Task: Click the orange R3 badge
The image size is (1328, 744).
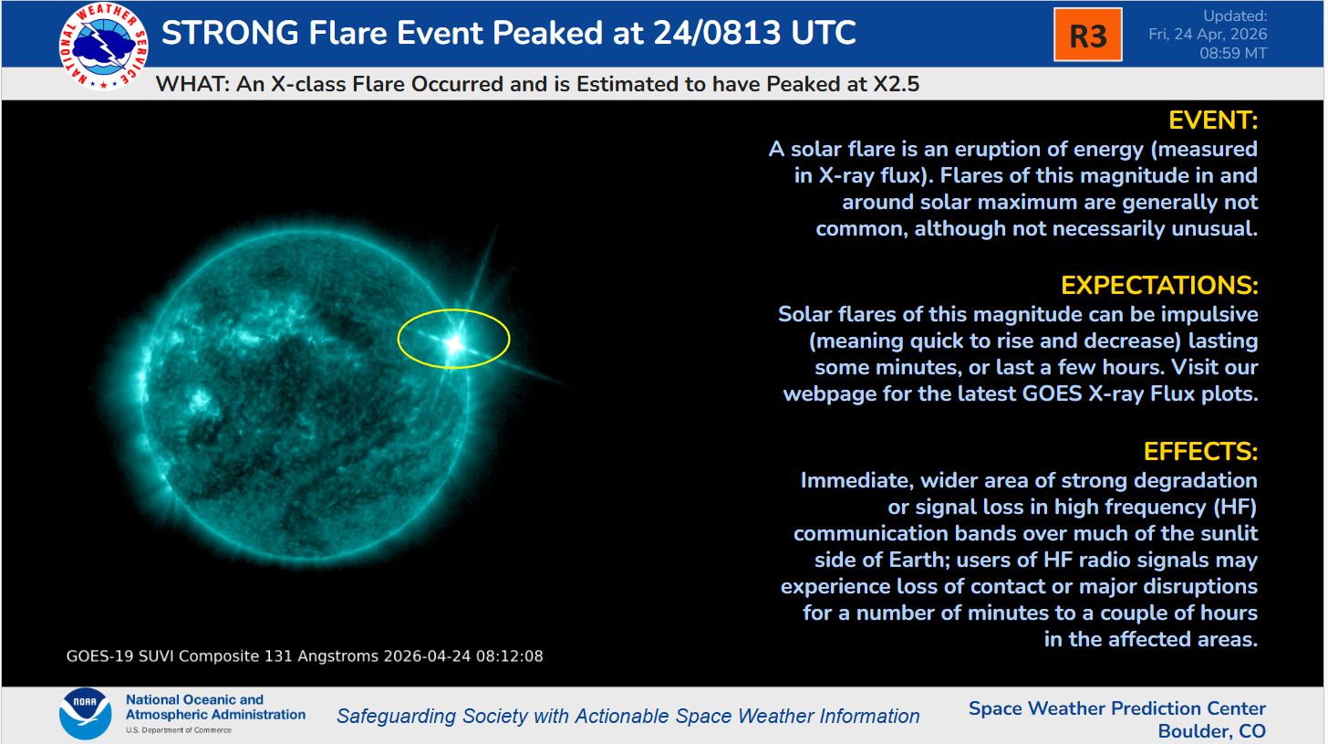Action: click(1087, 36)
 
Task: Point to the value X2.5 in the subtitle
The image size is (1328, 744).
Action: click(889, 85)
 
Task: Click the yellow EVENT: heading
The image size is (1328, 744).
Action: click(1213, 121)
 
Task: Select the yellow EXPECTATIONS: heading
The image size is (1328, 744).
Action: click(1159, 286)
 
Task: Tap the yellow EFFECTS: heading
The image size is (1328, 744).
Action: click(1200, 452)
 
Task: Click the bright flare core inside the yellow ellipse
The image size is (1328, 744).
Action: click(452, 343)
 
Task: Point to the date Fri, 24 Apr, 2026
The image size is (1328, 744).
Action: click(1208, 35)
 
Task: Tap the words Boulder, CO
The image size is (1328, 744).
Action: click(1211, 731)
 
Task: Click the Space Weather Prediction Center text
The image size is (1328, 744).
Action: click(1117, 708)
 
